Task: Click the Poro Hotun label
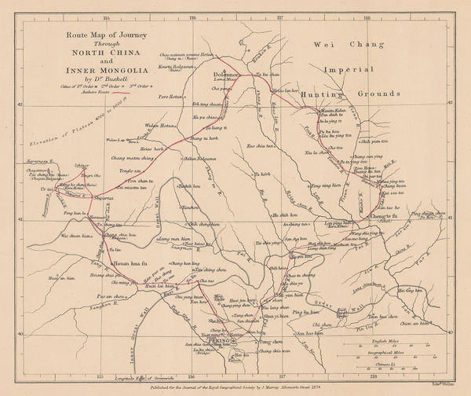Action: [x=170, y=97]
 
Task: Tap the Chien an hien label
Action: [x=416, y=323]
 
